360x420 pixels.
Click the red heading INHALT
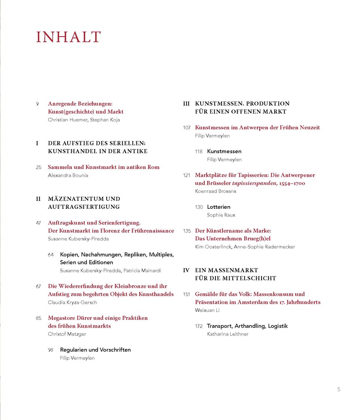68,37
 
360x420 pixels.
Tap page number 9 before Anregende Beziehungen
37,104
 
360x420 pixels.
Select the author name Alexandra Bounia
68,175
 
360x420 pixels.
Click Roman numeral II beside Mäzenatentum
38,199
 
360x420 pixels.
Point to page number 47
38,223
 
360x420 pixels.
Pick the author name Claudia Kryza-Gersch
72,302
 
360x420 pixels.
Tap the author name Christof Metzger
67,334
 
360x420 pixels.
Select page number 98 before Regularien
51,350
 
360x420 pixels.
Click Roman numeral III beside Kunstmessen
186,104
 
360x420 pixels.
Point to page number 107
187,128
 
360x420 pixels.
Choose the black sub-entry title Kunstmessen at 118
224,152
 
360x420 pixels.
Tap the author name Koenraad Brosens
215,191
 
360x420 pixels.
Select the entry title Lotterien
219,207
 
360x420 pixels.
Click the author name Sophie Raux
221,215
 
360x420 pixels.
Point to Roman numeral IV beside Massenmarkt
186,271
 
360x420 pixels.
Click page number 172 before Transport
199,326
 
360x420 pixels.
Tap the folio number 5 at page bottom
339,389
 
